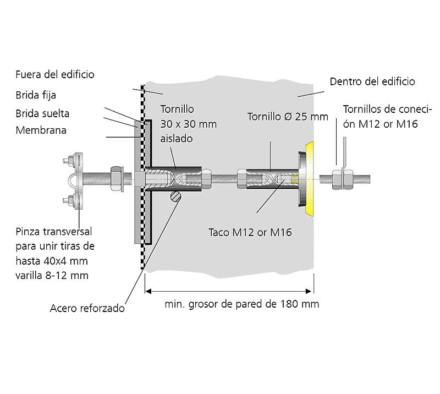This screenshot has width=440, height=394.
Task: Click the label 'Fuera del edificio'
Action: [55, 74]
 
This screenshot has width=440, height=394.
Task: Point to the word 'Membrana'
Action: [41, 130]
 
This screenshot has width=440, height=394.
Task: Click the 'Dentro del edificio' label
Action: [372, 81]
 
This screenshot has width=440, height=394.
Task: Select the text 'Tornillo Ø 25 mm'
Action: [287, 117]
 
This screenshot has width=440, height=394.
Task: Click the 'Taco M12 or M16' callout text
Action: [250, 232]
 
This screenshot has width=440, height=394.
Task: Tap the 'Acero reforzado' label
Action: [87, 308]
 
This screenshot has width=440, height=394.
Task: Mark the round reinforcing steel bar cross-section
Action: [175, 196]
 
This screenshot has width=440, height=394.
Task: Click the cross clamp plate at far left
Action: [80, 180]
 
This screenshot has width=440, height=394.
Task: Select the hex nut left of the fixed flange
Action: [117, 178]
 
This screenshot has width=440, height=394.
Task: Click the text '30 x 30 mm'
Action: [188, 124]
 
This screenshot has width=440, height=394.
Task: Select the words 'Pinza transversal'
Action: [54, 231]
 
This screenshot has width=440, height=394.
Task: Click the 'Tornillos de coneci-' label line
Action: [387, 109]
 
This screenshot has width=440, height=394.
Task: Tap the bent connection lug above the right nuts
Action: [343, 155]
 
